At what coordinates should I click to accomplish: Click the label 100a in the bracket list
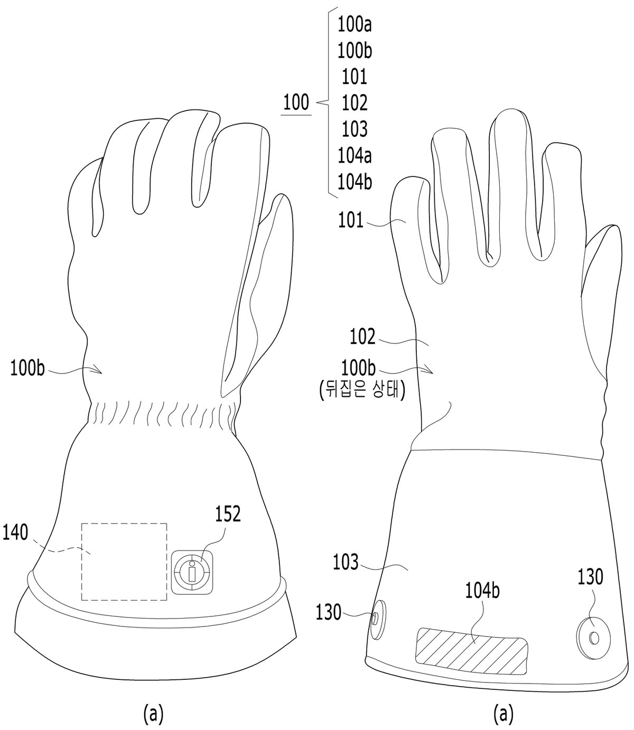355,25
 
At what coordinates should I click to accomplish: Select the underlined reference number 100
296,102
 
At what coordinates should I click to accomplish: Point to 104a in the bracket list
355,156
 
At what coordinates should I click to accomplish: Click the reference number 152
228,514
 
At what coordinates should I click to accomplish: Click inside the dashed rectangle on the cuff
124,561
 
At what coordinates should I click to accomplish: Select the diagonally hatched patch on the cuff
472,651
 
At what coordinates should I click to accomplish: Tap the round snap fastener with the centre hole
593,637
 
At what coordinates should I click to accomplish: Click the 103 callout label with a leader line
346,563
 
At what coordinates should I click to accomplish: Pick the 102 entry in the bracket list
355,103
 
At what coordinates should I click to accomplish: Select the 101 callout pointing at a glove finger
351,220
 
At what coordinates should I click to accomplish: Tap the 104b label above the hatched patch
482,591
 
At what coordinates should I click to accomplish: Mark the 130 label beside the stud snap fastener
329,613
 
